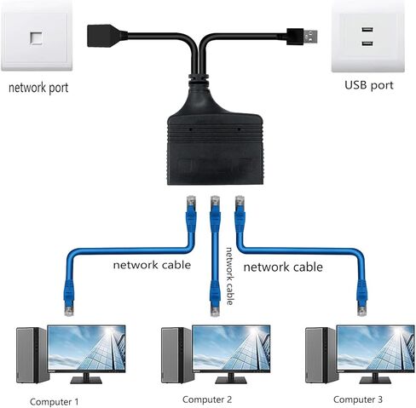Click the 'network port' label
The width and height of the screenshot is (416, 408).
click(38, 88)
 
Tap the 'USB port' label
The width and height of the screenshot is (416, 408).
click(369, 85)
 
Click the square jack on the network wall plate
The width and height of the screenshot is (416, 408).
click(36, 38)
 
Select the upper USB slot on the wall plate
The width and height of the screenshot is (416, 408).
click(367, 29)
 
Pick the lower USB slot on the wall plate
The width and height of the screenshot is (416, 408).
click(367, 43)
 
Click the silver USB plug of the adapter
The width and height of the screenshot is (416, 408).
click(310, 36)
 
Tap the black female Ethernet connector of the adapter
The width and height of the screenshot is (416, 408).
click(105, 36)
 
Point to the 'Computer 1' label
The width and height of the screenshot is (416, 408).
click(54, 402)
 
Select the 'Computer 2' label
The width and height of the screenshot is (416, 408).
click(207, 399)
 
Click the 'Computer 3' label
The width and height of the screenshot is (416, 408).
click(358, 399)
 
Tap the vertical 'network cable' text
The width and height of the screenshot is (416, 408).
click(229, 276)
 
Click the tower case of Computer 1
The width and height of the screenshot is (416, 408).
click(32, 355)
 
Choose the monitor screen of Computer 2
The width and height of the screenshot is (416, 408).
click(231, 348)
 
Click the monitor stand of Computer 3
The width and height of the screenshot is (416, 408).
click(376, 378)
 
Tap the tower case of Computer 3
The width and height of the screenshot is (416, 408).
click(321, 355)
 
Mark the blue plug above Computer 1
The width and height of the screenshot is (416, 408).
click(69, 298)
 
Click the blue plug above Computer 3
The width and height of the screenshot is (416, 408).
click(362, 298)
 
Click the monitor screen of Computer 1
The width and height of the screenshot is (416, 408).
click(86, 348)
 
